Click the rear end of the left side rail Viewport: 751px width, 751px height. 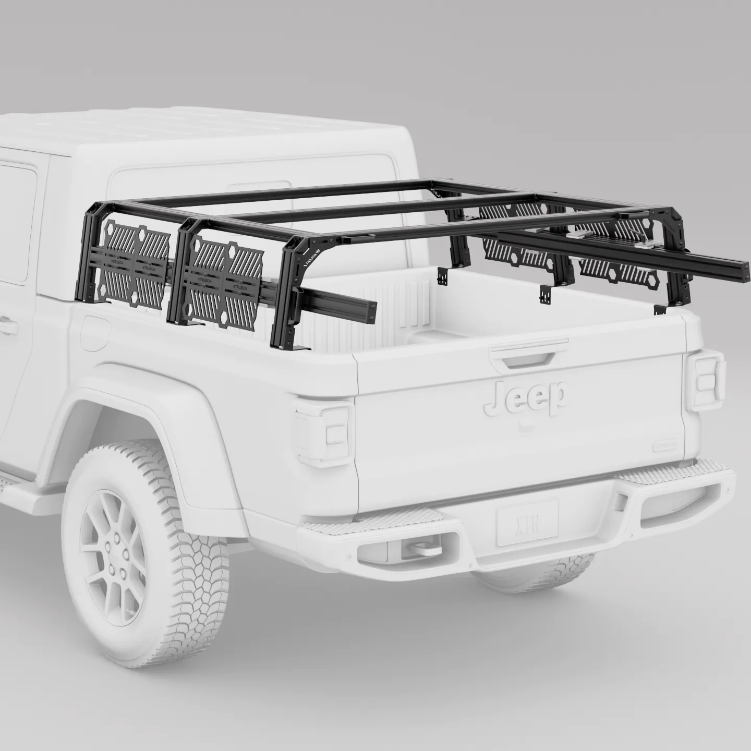click(371, 310)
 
